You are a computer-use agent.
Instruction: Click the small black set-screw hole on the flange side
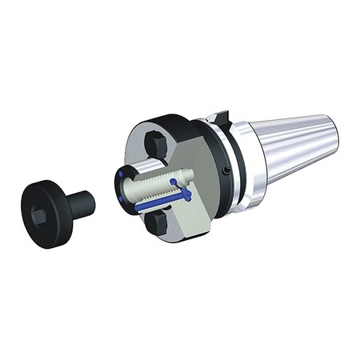point(226,170)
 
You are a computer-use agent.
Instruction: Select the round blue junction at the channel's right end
point(189,194)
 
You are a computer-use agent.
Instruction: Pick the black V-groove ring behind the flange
point(234,160)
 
